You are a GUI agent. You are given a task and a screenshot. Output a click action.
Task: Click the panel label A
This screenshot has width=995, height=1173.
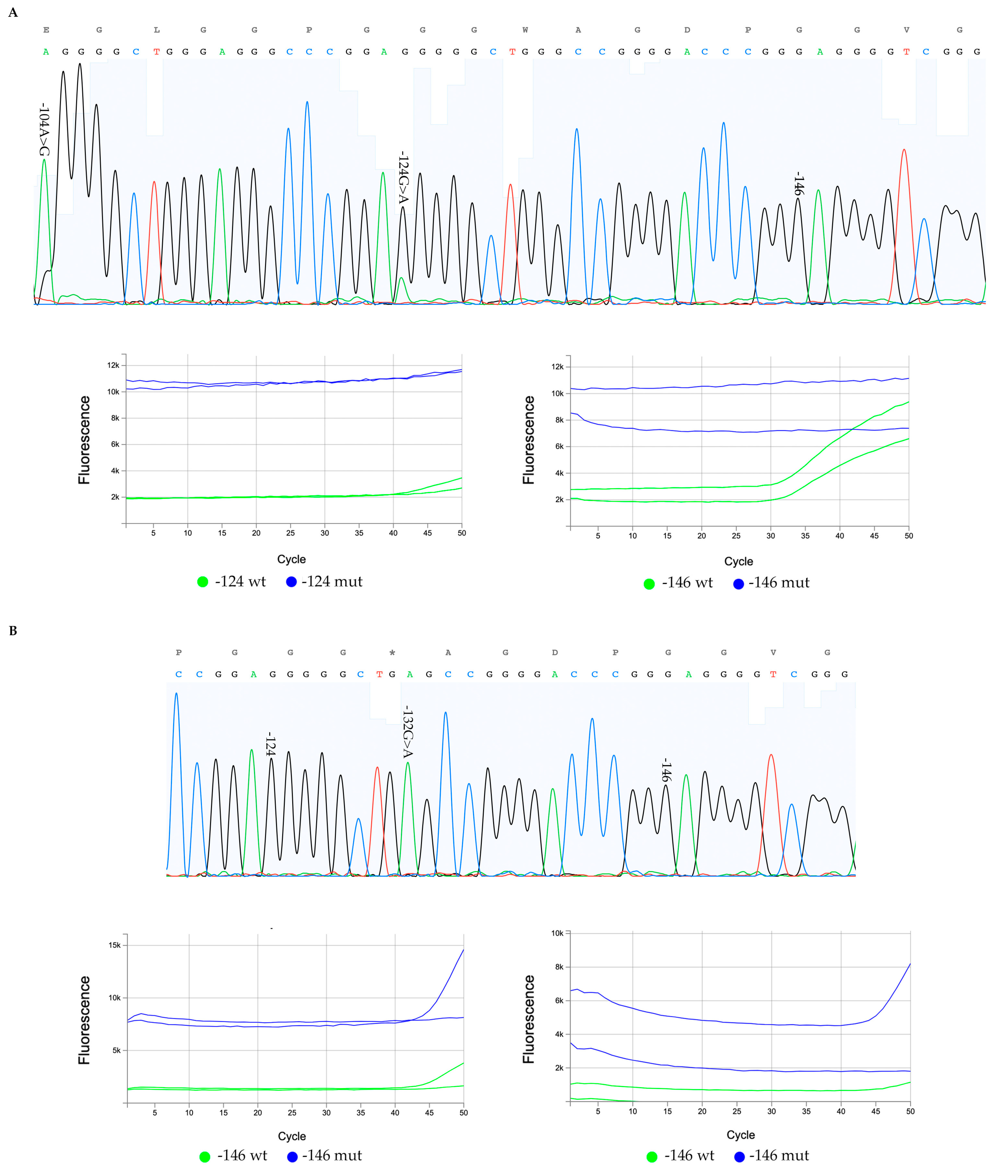13,12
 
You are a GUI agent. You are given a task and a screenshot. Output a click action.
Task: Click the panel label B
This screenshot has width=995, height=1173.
13,631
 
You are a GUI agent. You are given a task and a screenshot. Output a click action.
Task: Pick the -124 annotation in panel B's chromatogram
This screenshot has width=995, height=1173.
271,744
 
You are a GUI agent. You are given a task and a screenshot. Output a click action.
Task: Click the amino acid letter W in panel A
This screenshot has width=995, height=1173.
525,30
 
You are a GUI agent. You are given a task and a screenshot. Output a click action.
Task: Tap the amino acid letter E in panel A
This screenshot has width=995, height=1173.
46,30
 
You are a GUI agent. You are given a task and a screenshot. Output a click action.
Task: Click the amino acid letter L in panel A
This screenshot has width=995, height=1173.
157,30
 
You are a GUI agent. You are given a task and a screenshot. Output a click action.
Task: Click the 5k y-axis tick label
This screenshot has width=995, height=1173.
116,1050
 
